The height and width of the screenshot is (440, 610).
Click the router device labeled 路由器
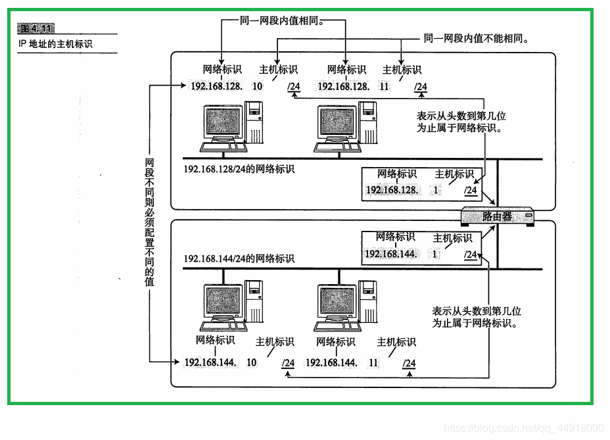tap(497, 216)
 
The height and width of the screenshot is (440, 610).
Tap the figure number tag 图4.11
tap(36, 28)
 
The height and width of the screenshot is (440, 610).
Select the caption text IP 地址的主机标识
tap(56, 45)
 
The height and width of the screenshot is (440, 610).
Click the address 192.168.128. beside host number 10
tap(216, 86)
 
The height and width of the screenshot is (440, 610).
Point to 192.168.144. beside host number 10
tap(210, 362)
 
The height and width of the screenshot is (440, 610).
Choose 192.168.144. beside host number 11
tap(331, 362)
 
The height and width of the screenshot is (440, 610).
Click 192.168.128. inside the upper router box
tap(392, 190)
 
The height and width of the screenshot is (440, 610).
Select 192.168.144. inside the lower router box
tap(390, 254)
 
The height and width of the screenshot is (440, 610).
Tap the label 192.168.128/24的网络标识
tap(239, 169)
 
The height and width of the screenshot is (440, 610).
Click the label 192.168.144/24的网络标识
tap(239, 258)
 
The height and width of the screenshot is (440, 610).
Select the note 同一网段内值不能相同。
tap(477, 39)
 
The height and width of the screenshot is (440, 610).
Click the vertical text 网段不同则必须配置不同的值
tap(150, 221)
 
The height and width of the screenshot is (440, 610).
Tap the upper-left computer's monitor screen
tap(223, 123)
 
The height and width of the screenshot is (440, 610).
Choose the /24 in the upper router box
tap(471, 190)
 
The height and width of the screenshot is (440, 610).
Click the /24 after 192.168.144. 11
tap(409, 363)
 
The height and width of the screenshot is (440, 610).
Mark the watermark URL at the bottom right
tap(523, 428)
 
